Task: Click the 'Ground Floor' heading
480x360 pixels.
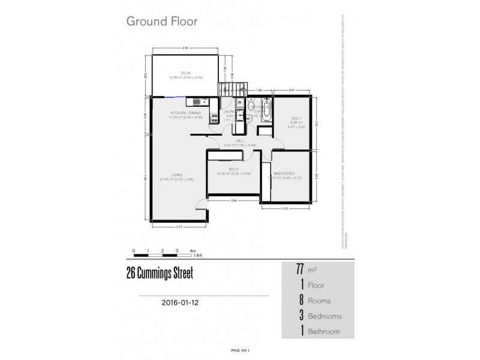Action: (x=161, y=22)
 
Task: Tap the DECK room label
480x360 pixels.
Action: (x=177, y=73)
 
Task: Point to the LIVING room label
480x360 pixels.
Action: (x=167, y=175)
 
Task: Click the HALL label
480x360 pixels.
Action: (x=240, y=141)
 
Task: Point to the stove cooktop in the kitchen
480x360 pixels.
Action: (x=213, y=119)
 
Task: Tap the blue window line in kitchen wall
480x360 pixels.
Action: (x=175, y=97)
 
